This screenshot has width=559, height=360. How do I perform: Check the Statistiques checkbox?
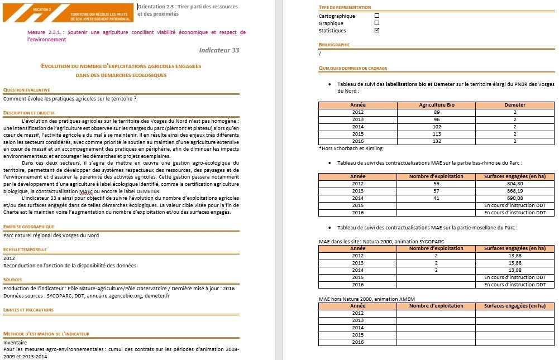point(376,31)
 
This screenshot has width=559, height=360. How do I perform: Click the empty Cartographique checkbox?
point(376,16)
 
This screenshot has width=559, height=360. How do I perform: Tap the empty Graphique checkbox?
point(376,23)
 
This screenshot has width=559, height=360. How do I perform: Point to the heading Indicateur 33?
point(219,50)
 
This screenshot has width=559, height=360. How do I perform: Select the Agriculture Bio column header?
point(437,105)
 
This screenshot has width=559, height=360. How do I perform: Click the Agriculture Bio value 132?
point(437,142)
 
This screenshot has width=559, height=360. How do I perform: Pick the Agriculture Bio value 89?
point(437,112)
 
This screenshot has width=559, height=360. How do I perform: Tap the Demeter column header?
point(514,105)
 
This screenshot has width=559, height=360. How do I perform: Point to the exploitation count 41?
point(436,198)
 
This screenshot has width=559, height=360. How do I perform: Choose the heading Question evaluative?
point(27,90)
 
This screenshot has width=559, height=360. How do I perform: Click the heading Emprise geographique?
point(29,227)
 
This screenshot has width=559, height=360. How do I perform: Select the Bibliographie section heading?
point(334,44)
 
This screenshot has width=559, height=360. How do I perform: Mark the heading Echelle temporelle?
point(25,249)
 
